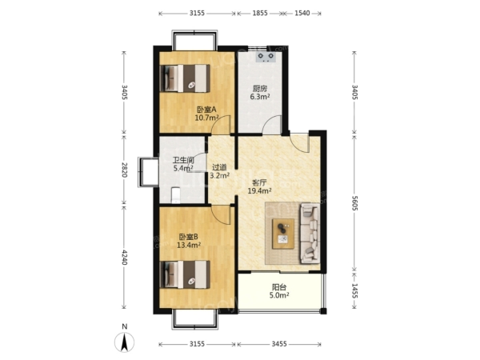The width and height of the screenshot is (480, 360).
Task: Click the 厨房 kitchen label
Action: tap(260, 89)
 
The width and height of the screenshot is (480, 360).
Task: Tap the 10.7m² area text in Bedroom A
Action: tap(206, 118)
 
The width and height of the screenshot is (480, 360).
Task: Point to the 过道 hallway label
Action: tap(219, 167)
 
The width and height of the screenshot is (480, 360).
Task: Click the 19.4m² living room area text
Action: tap(259, 191)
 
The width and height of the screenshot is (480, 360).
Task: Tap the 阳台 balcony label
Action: tap(279, 287)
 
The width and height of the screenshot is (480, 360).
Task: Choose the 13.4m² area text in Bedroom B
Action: tap(189, 245)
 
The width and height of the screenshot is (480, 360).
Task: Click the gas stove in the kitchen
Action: tap(266, 57)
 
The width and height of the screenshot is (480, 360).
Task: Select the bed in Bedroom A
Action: tap(185, 78)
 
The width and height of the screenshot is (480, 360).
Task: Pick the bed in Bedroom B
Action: tap(185, 274)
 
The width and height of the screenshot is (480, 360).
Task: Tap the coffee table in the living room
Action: tap(283, 234)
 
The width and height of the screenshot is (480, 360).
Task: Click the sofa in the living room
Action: tap(310, 234)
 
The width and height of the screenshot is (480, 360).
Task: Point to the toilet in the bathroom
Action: tap(176, 195)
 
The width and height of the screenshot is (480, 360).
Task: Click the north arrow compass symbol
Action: tap(124, 342)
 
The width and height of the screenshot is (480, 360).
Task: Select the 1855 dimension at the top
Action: tap(260, 13)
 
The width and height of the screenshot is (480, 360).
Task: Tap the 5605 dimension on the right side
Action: tap(354, 203)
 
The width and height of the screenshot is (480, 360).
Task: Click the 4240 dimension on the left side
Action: tap(124, 257)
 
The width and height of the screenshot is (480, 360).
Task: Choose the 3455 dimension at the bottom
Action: tap(279, 344)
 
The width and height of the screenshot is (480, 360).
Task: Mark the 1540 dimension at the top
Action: tap(302, 13)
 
